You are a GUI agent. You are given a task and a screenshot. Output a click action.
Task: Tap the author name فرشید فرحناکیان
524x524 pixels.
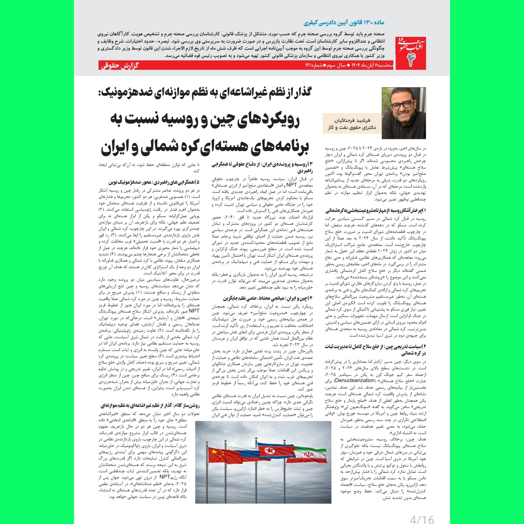(x=352, y=120)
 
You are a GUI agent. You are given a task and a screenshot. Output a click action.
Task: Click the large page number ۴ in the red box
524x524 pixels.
(x=410, y=60)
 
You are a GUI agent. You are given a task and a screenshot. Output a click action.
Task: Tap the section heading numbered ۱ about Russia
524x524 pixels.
(x=376, y=211)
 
